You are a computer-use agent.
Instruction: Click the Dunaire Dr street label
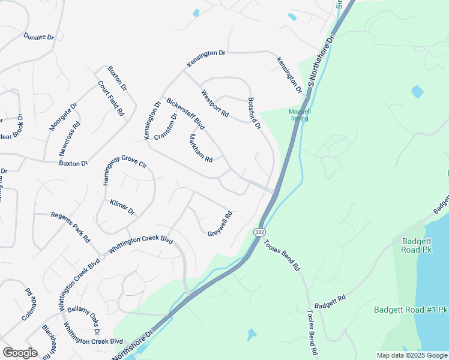(39, 37)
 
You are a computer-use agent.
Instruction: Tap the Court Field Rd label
(111, 98)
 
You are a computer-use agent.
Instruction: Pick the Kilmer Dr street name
(122, 208)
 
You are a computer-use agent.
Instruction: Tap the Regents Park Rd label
(70, 227)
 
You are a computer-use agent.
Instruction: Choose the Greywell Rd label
(220, 224)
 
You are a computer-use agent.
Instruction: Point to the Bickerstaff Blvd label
(186, 114)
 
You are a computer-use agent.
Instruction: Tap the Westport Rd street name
(215, 104)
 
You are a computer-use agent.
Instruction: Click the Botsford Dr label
(255, 113)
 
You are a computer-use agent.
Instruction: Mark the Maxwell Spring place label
(298, 115)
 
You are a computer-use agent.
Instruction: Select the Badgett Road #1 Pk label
(411, 310)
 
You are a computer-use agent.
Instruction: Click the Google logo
(20, 352)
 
